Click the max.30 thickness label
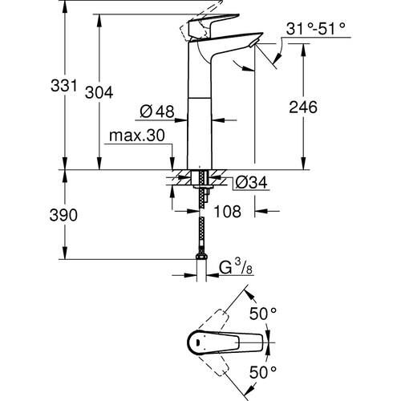point(140,137)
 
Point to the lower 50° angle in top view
point(265,371)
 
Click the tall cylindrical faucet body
point(197,120)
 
